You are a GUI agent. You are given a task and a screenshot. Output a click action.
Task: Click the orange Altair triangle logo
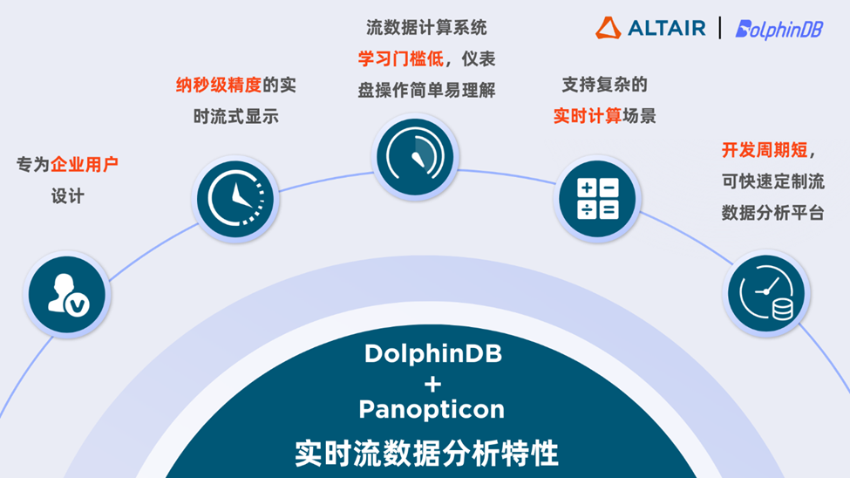(608, 28)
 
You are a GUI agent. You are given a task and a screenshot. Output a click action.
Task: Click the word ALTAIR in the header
(667, 28)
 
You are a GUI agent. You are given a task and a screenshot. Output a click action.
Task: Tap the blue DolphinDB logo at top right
(779, 30)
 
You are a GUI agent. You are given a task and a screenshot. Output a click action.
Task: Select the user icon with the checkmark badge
(67, 294)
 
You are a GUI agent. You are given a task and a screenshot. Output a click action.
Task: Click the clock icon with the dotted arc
(235, 199)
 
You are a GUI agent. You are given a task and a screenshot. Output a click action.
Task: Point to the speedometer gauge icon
(415, 157)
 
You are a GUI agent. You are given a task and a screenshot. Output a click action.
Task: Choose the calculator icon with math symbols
(597, 199)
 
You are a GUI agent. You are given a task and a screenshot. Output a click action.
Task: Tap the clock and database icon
(766, 294)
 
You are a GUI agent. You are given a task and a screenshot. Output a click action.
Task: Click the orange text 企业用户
(84, 164)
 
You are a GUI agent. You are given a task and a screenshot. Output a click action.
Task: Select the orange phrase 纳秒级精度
(219, 85)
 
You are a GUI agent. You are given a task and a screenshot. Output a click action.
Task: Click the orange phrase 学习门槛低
(401, 58)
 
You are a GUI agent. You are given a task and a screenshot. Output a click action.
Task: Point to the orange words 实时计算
(587, 115)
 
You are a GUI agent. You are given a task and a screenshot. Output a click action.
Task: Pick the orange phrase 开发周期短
(765, 150)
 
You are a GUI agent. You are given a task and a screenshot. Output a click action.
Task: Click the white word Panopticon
(432, 409)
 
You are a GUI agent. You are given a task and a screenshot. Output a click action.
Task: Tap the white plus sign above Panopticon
(432, 385)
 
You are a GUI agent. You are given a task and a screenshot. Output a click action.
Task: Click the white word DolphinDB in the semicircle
(433, 354)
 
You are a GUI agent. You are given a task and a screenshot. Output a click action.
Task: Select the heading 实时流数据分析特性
(426, 453)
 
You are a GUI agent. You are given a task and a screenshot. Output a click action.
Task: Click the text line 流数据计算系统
(426, 27)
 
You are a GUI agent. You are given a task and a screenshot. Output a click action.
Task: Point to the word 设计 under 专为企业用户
(68, 196)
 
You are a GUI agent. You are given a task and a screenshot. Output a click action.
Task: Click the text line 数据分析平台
(773, 213)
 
